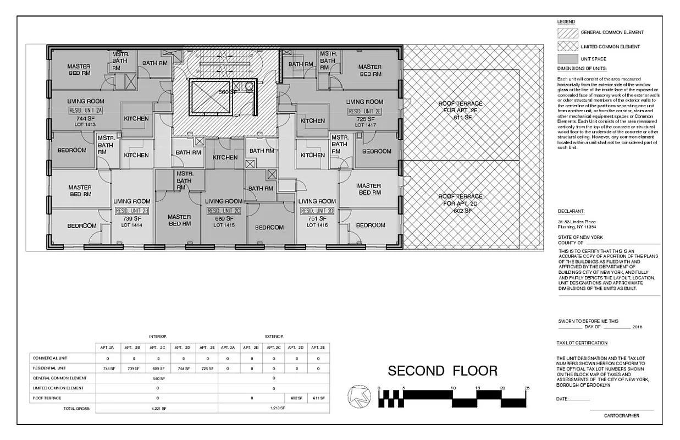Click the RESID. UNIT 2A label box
pos(86,111)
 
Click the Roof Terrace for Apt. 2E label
pos(460,110)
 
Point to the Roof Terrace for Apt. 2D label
pos(460,204)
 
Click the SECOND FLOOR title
pos(443,371)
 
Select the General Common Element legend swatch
pos(567,32)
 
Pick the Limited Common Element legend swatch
pos(567,47)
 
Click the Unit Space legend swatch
pos(567,59)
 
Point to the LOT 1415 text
pos(224,226)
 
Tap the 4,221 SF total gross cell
pos(158,409)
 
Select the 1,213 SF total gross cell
pos(273,409)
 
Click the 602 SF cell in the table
pos(296,398)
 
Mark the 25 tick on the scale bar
pos(527,389)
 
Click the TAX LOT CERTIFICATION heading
pos(582,343)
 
